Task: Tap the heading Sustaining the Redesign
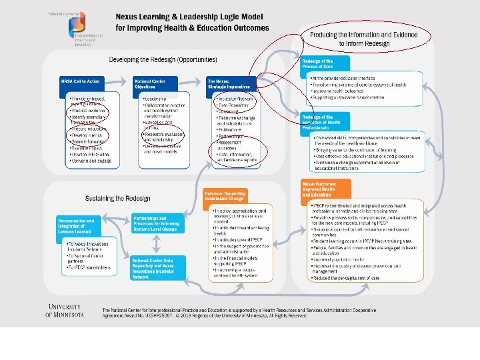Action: pos(118,198)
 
